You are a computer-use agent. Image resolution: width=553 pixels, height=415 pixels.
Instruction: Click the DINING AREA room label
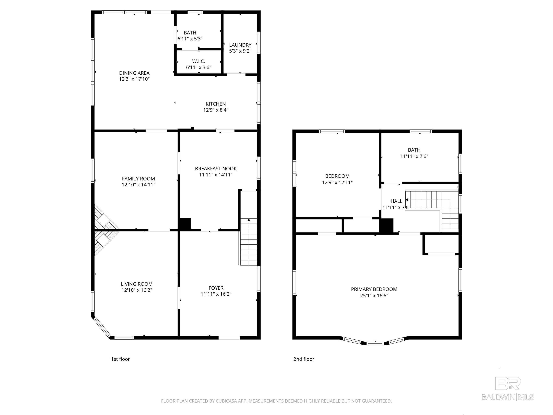(x=134, y=73)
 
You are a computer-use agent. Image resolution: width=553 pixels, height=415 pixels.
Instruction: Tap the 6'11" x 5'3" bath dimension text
(x=190, y=39)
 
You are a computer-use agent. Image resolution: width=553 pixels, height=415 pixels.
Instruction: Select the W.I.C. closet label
(x=199, y=61)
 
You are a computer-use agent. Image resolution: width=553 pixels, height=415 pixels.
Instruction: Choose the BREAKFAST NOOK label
(x=216, y=169)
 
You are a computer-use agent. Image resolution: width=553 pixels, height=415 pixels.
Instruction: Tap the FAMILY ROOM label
(x=138, y=179)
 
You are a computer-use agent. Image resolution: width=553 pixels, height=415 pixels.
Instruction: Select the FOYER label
(x=216, y=288)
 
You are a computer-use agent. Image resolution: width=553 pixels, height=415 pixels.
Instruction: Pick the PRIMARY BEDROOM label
(x=374, y=289)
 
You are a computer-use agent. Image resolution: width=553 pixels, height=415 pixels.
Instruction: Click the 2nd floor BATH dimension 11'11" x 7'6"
(x=414, y=156)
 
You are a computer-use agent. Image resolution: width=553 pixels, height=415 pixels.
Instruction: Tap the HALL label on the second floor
(x=396, y=201)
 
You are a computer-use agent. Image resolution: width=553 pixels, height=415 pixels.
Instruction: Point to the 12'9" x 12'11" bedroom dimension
(x=337, y=182)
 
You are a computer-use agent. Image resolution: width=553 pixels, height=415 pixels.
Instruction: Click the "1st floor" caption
(x=120, y=359)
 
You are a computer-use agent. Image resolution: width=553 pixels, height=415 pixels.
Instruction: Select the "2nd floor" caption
(x=304, y=359)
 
